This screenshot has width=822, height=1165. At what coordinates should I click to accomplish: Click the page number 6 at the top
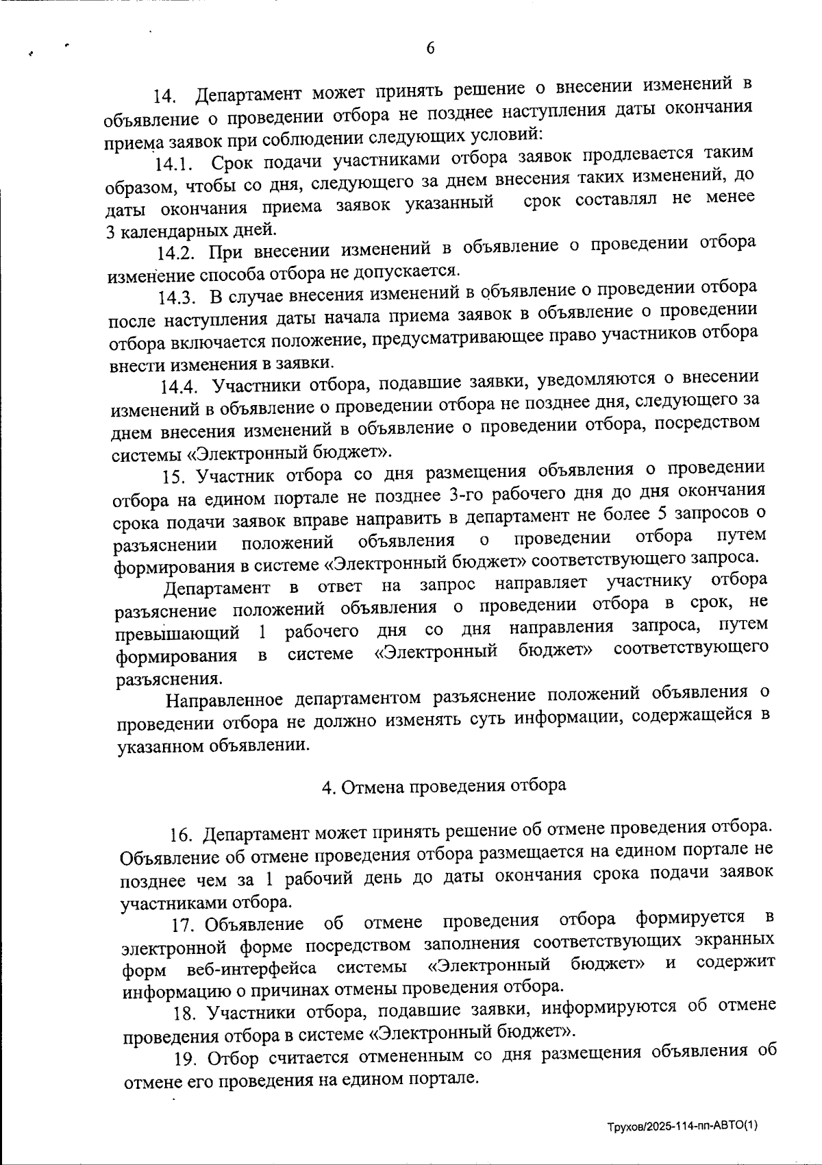click(x=430, y=48)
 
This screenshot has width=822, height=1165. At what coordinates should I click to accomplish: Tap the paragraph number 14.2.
click(x=177, y=253)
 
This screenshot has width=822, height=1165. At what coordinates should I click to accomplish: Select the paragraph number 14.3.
click(x=179, y=297)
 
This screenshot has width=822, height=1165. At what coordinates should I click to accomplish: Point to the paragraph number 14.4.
click(x=181, y=387)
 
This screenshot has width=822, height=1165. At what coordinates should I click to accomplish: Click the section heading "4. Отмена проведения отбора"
click(x=444, y=786)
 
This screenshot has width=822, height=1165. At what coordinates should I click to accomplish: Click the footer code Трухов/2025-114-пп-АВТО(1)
click(x=682, y=1127)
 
